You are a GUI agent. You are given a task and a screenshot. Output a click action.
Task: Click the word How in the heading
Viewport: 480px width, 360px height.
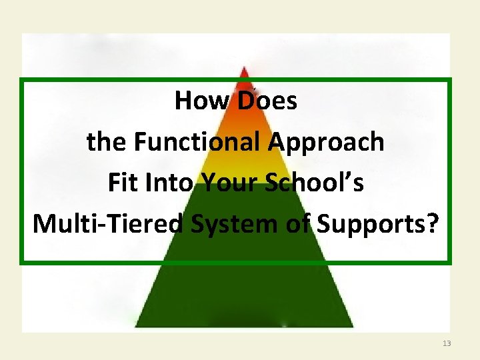click(x=197, y=101)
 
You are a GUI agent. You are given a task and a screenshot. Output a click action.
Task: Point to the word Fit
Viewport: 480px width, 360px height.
click(x=122, y=183)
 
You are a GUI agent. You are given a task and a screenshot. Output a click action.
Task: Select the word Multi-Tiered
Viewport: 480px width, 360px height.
click(x=107, y=224)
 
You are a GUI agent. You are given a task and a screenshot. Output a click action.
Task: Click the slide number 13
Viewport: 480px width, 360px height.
click(x=447, y=343)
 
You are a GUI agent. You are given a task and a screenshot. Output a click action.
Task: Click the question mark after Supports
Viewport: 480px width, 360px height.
click(x=433, y=224)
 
